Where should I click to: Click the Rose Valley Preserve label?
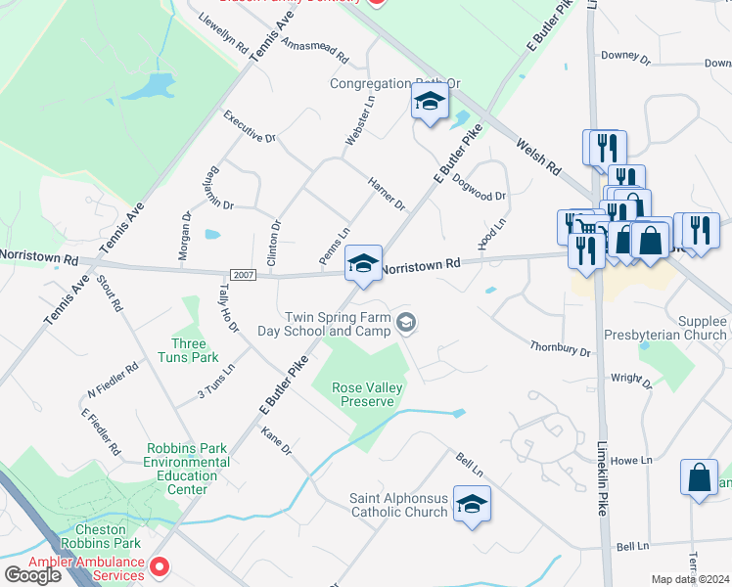tap(368, 394)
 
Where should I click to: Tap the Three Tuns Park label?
tap(189, 350)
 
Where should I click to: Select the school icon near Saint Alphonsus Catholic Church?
tap(472, 504)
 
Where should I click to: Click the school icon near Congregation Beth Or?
tap(429, 102)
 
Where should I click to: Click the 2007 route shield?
tap(244, 275)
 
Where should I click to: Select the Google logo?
tap(32, 575)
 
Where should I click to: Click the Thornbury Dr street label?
tap(561, 348)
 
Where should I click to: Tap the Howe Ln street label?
tap(631, 460)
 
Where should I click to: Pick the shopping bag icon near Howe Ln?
tap(699, 479)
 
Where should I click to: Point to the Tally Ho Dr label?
tap(228, 307)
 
